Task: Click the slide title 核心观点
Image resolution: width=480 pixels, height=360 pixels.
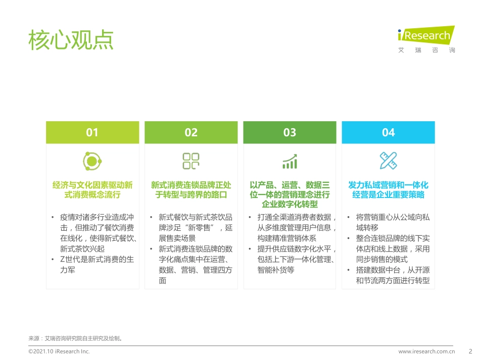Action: pyautogui.click(x=71, y=39)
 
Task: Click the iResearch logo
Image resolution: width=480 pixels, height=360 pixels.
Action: pyautogui.click(x=426, y=38)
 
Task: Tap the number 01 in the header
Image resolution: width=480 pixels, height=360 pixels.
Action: pyautogui.click(x=92, y=132)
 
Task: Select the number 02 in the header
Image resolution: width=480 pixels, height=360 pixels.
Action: pyautogui.click(x=191, y=132)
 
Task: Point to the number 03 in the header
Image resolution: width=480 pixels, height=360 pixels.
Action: pyautogui.click(x=290, y=132)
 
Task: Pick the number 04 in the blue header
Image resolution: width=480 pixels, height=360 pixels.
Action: pyautogui.click(x=388, y=132)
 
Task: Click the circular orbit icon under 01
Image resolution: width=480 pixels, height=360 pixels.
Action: pyautogui.click(x=92, y=161)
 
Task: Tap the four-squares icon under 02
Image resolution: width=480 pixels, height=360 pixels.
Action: pyautogui.click(x=191, y=161)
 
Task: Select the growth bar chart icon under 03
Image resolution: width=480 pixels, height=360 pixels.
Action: pyautogui.click(x=290, y=162)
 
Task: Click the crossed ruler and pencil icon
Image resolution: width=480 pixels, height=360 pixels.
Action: pyautogui.click(x=388, y=161)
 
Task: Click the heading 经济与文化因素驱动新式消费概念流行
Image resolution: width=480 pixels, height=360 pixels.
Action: pyautogui.click(x=92, y=190)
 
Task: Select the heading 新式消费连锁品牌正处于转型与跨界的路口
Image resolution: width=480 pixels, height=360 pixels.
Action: pyautogui.click(x=191, y=190)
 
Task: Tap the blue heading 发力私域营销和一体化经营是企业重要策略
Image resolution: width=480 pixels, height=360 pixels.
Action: pyautogui.click(x=388, y=190)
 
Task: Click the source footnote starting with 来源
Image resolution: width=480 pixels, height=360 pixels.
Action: pyautogui.click(x=76, y=338)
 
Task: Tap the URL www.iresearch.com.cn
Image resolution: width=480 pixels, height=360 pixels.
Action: pyautogui.click(x=426, y=351)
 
